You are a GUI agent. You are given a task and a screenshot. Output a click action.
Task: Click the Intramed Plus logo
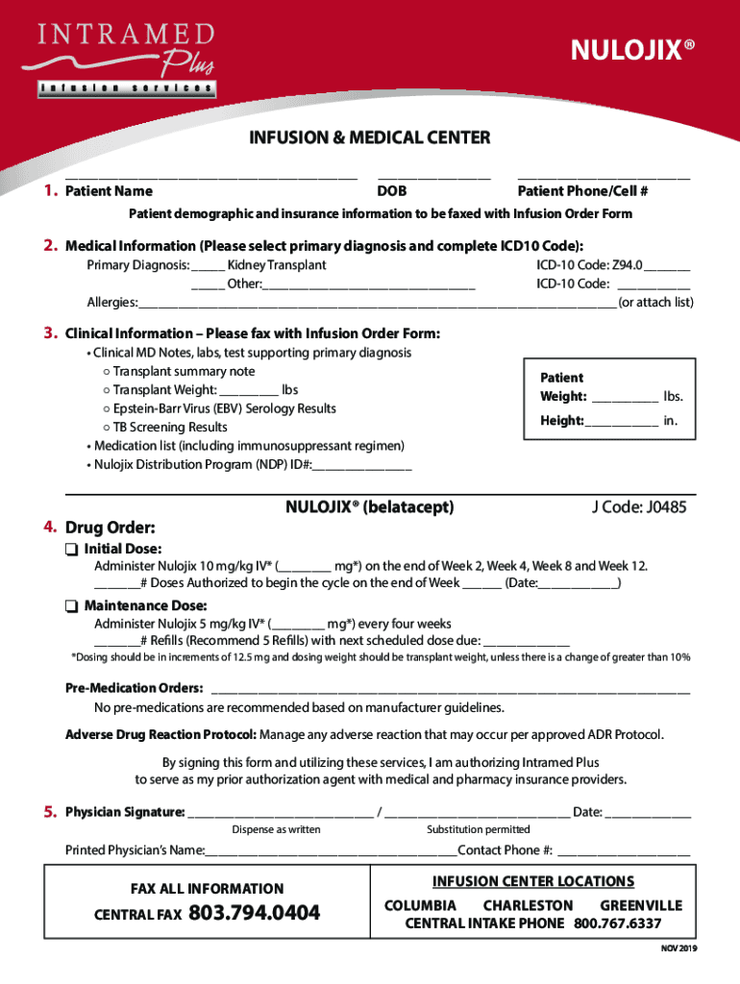(126, 59)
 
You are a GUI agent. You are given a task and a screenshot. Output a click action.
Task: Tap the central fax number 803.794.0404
(255, 913)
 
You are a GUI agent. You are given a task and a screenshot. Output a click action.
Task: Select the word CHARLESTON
(528, 905)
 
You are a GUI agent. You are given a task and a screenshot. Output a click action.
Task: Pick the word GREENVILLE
(641, 905)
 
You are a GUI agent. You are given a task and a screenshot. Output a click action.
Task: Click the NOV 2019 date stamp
(678, 948)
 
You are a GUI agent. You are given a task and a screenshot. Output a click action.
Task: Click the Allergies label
(112, 303)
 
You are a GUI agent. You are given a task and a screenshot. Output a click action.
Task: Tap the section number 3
(48, 333)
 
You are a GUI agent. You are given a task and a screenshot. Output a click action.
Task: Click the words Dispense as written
(276, 829)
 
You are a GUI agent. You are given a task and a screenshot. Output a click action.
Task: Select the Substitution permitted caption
(478, 829)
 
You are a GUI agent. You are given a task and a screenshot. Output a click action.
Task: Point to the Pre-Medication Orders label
(134, 689)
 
